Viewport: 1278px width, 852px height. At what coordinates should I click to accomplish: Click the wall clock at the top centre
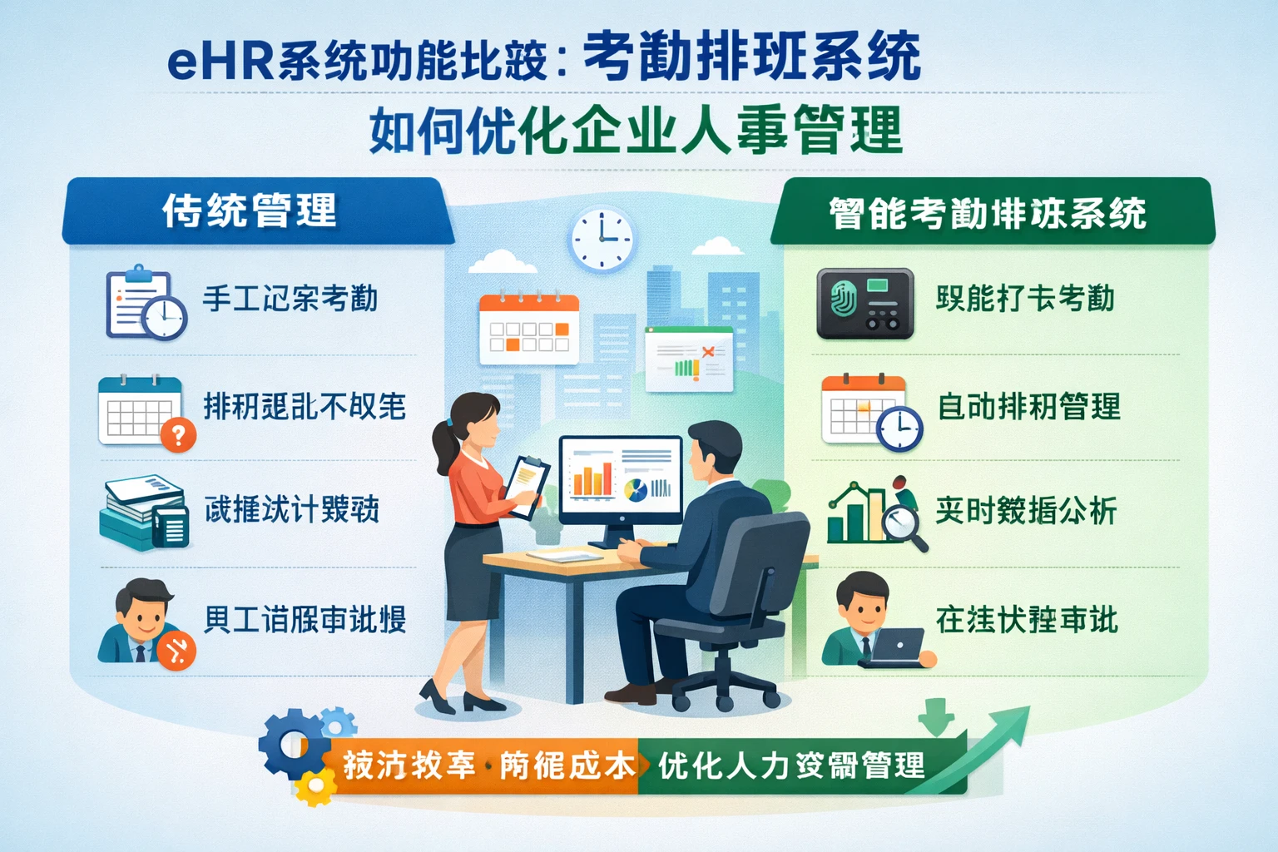click(602, 238)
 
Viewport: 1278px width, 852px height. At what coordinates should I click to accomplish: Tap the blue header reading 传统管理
click(250, 211)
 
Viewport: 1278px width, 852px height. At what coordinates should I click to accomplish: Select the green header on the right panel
click(990, 213)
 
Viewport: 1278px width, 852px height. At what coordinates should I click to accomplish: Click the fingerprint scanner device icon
click(864, 303)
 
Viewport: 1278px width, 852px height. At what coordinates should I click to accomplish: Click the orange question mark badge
click(178, 434)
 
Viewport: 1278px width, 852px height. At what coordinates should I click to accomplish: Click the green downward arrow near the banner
click(937, 716)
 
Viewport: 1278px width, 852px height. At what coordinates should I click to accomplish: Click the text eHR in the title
click(220, 62)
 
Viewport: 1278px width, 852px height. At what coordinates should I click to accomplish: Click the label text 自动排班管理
click(1028, 407)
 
